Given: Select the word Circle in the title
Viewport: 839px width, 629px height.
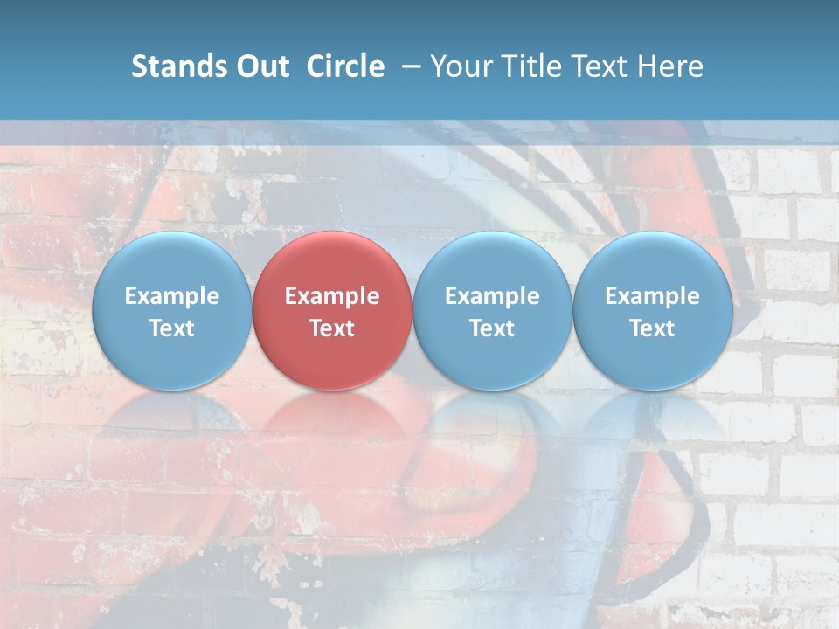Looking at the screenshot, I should tap(345, 66).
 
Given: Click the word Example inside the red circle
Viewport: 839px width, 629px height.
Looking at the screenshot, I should tap(332, 296).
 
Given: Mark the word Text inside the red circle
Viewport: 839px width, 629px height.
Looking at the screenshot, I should tap(332, 328).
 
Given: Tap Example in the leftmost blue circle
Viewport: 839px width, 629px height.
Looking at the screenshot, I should tap(171, 296).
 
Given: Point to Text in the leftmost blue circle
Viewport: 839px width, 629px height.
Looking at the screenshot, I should tap(171, 328).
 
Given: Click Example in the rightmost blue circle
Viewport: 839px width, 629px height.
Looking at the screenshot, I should tap(653, 296).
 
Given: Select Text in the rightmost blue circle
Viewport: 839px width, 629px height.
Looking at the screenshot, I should tap(653, 328).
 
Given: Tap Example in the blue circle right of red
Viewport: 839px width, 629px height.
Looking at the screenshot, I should tap(492, 296).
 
